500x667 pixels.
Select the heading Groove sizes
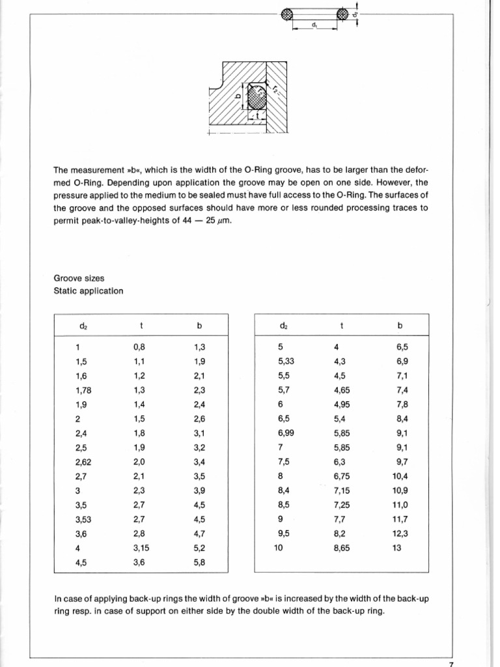79,278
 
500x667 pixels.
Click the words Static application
88,291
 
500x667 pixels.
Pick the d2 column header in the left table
81,324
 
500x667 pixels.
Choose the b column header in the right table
400,324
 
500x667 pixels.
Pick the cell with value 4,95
342,404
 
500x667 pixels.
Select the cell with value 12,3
400,534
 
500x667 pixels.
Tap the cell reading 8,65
342,548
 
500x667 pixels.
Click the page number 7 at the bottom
451,663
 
